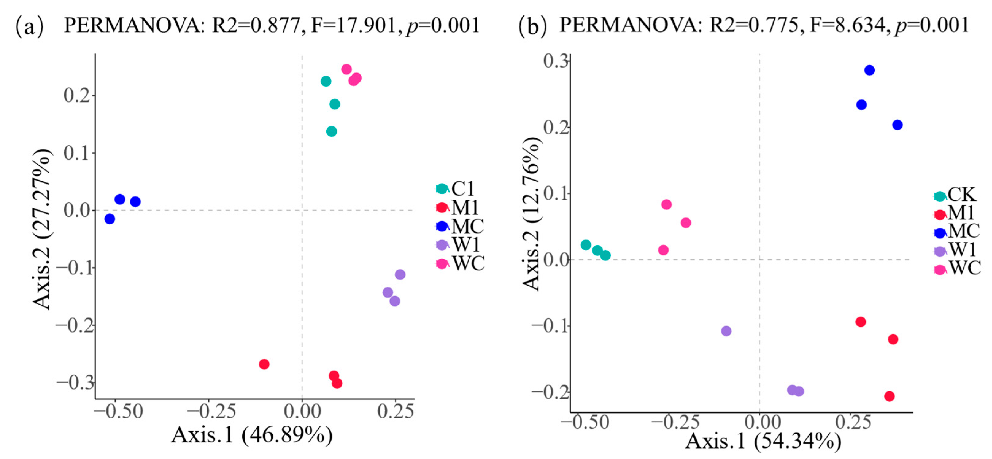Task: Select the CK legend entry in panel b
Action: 955,195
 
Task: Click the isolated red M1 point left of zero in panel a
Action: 264,364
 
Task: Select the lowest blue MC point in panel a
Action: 110,219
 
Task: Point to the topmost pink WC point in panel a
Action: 346,69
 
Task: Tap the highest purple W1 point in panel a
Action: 400,274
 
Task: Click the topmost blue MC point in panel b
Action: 869,70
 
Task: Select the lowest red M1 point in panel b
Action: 889,396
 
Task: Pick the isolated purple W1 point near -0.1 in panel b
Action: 726,331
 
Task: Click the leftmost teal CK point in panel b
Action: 586,245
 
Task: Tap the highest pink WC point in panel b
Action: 666,204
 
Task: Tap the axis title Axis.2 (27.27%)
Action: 42,229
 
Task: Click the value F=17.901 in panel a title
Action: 353,25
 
